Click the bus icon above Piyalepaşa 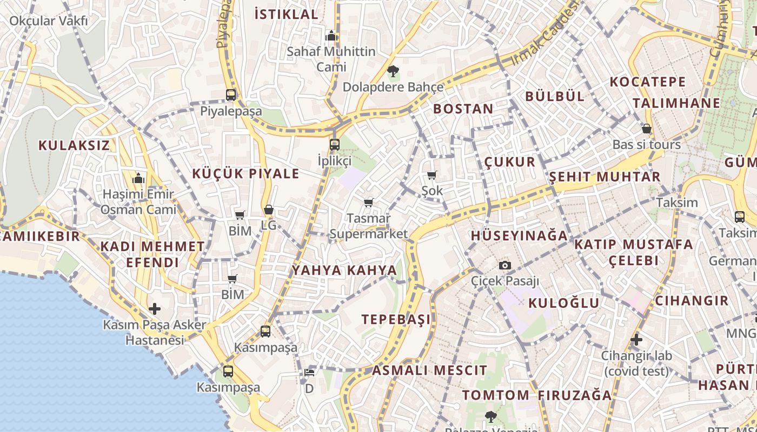231,95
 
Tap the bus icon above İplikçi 335,144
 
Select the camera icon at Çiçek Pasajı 504,265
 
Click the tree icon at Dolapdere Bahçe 393,71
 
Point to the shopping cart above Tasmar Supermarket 368,202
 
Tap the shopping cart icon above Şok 431,174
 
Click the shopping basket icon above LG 268,210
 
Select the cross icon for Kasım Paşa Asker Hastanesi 155,309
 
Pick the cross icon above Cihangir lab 636,340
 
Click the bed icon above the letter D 309,373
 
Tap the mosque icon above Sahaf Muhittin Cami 331,36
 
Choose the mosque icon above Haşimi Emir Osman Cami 138,178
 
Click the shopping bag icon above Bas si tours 646,129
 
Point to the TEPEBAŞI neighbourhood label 397,319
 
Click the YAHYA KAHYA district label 344,271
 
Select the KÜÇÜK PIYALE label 246,174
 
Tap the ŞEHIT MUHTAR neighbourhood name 605,177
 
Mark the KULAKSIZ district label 74,145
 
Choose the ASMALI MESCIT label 429,370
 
